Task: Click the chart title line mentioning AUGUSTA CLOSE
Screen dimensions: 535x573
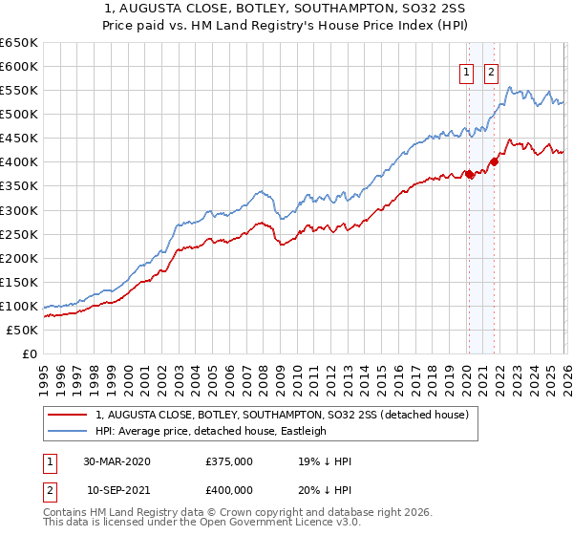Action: point(286,8)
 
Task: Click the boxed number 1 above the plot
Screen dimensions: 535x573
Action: point(467,72)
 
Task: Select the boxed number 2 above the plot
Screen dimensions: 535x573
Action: point(491,72)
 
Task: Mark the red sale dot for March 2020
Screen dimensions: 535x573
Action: point(469,174)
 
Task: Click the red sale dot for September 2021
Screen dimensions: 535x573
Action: point(494,161)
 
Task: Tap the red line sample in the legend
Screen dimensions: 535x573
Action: point(67,416)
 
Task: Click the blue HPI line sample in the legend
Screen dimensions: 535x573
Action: point(67,431)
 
